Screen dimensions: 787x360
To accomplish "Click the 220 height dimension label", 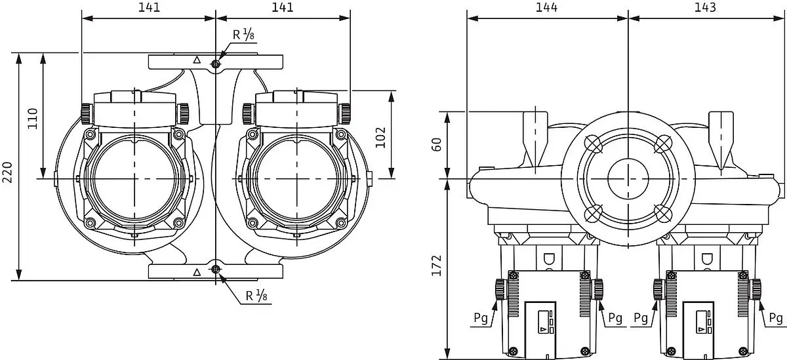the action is (x=7, y=172).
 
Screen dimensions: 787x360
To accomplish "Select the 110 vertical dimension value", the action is (x=32, y=119).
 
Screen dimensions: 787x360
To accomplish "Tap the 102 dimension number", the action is (x=380, y=138).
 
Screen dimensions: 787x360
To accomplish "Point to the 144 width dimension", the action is (x=546, y=7).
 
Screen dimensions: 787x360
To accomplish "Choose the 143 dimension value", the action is (x=705, y=7).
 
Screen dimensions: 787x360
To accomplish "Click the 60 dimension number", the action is (x=436, y=145).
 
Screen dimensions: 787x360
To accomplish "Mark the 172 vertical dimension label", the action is (x=436, y=266).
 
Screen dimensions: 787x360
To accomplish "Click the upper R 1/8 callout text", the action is (x=243, y=34).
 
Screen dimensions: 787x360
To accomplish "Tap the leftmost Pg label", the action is (x=481, y=318).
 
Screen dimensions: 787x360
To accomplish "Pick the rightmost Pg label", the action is (x=776, y=318).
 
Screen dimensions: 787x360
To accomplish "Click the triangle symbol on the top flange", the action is (x=197, y=60).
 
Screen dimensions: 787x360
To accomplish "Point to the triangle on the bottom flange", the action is (x=197, y=272).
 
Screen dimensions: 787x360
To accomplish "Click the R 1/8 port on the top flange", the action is (x=215, y=64).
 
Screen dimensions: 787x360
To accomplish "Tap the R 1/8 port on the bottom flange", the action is (x=215, y=270).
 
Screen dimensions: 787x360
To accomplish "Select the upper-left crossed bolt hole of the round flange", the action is (x=594, y=144).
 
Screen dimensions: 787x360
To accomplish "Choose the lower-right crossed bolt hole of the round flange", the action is (x=663, y=213).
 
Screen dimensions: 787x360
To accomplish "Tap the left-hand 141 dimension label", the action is (x=149, y=7).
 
